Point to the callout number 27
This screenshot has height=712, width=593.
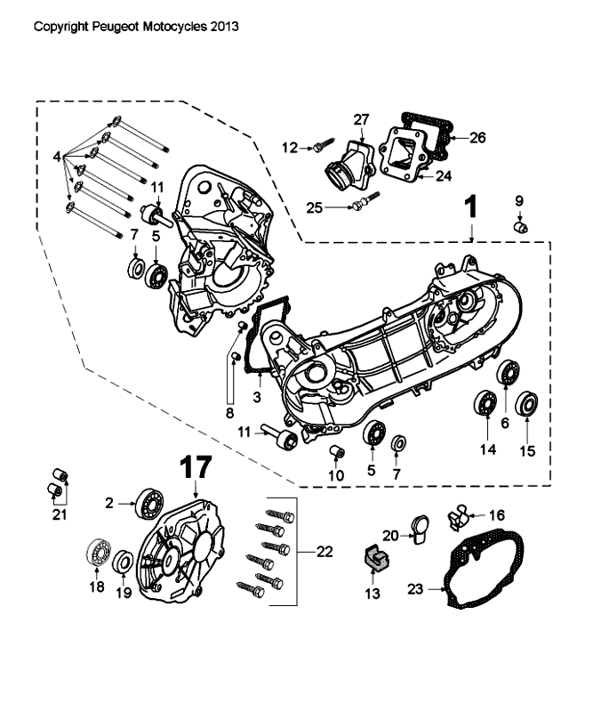(360, 120)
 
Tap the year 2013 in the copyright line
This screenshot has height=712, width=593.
(224, 27)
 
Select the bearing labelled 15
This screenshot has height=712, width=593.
(527, 405)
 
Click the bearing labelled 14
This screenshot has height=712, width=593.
(486, 404)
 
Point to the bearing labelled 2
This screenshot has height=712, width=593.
(148, 505)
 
